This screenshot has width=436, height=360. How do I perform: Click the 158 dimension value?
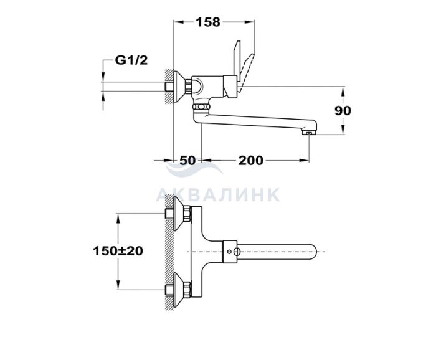208,22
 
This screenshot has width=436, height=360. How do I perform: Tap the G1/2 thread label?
131,60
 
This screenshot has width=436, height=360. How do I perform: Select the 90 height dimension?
343,111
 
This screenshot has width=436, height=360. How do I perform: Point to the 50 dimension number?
187,161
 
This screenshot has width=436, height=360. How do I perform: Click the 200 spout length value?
250,161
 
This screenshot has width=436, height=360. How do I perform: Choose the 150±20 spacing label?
118,251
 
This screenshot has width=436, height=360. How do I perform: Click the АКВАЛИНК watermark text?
218,195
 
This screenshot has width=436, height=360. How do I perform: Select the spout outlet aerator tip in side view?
309,132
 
